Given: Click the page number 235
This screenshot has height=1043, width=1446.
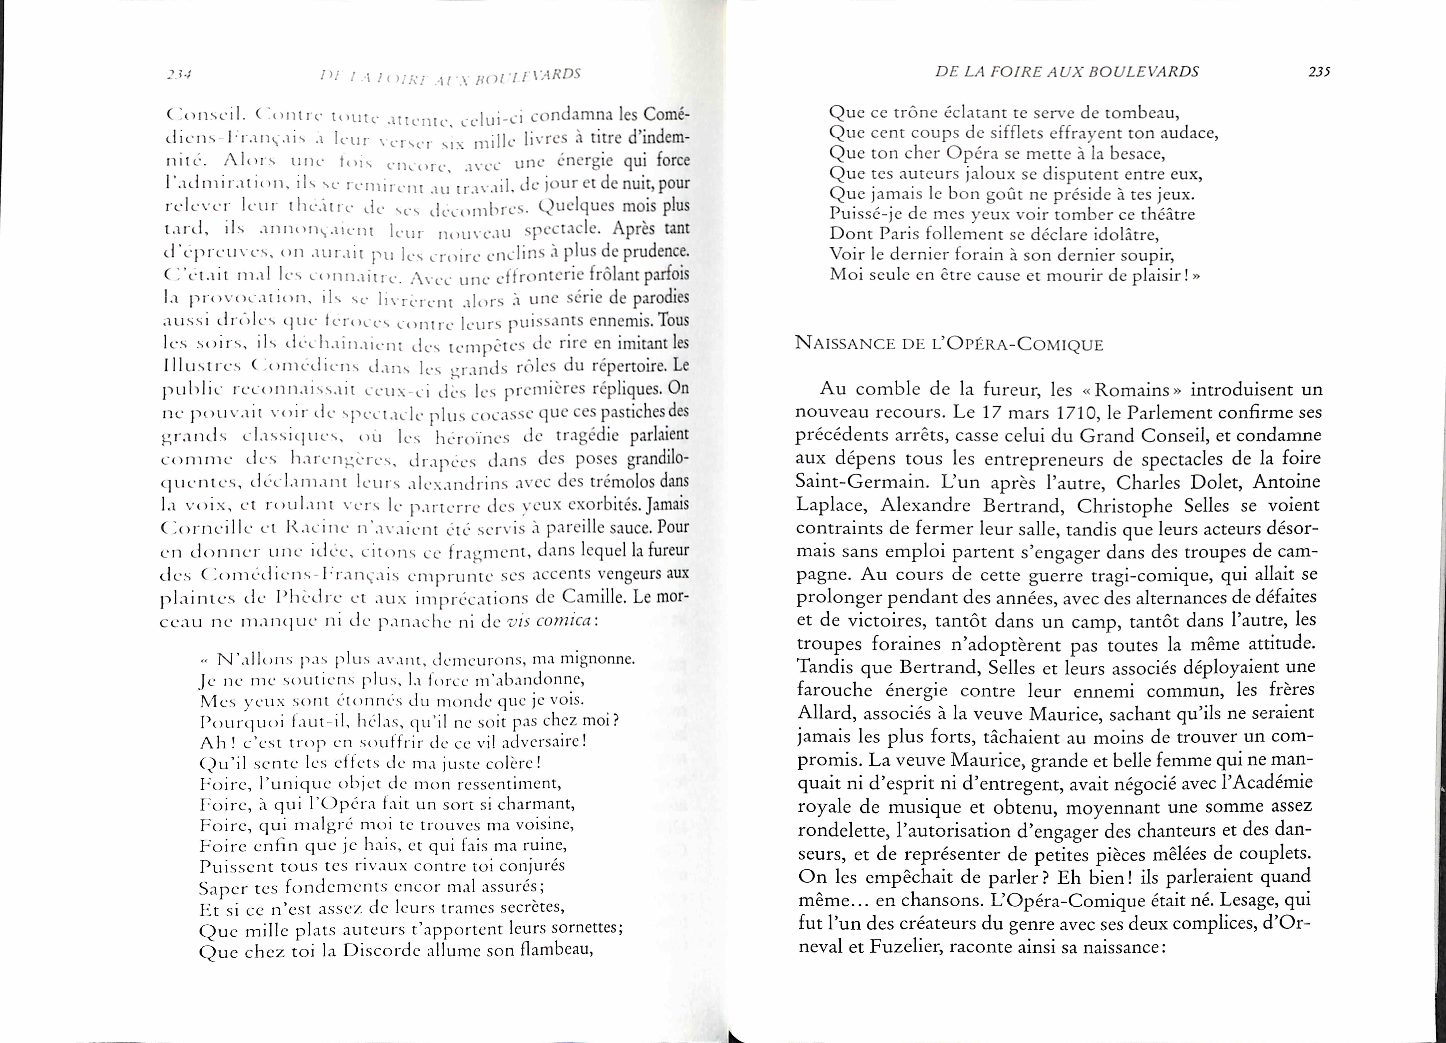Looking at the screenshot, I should click(1319, 72).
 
